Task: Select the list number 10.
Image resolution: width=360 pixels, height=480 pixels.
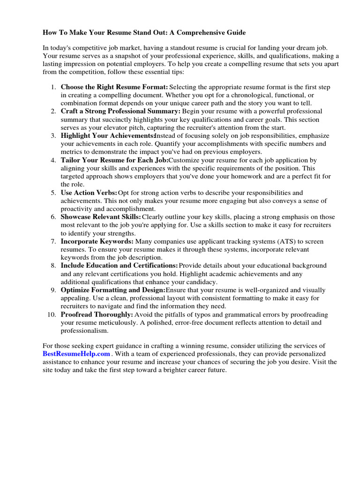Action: click(51, 314)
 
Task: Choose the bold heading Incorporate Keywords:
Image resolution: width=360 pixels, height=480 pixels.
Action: click(97, 241)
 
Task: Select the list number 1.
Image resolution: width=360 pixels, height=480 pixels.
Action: click(54, 87)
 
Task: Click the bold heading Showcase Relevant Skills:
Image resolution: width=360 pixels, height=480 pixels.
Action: click(101, 217)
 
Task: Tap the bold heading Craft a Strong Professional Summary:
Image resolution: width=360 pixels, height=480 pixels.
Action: click(120, 111)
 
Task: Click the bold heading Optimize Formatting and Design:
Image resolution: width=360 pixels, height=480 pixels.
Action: click(113, 290)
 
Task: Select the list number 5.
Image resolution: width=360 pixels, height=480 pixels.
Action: click(54, 193)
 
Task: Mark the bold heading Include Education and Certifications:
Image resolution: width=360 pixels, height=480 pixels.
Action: click(119, 266)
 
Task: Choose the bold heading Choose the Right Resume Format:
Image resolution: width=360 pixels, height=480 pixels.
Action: click(114, 87)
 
